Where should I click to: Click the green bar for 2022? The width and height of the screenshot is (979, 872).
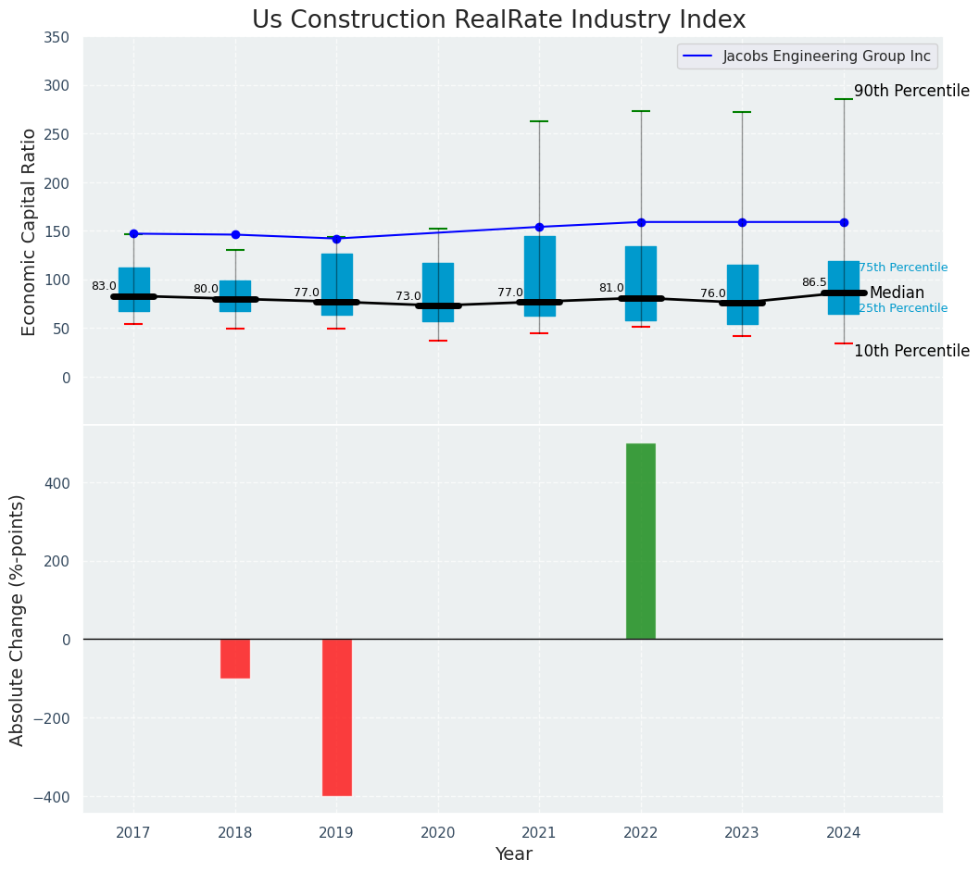pyautogui.click(x=640, y=541)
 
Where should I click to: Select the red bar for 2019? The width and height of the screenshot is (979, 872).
pyautogui.click(x=336, y=716)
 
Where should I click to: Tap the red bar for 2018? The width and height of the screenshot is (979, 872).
pyautogui.click(x=235, y=658)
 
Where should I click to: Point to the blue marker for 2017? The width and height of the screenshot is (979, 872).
pyautogui.click(x=133, y=233)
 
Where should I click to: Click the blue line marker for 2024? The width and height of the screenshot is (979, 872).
pyautogui.click(x=844, y=222)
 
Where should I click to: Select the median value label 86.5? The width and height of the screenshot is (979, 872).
pyautogui.click(x=814, y=282)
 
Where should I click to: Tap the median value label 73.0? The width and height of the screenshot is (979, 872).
pyautogui.click(x=408, y=296)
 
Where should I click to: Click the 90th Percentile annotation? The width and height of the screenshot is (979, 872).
pyautogui.click(x=911, y=92)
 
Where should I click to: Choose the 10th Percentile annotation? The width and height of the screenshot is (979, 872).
pyautogui.click(x=911, y=352)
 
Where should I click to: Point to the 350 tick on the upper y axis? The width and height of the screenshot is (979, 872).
pyautogui.click(x=56, y=38)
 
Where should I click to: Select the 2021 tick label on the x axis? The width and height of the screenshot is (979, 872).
pyautogui.click(x=539, y=833)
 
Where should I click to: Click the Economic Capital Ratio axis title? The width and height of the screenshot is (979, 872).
pyautogui.click(x=29, y=231)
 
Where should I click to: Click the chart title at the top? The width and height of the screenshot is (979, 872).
pyautogui.click(x=498, y=20)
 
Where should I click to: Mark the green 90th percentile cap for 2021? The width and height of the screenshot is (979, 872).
pyautogui.click(x=539, y=121)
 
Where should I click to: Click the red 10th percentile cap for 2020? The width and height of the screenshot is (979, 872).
pyautogui.click(x=438, y=341)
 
